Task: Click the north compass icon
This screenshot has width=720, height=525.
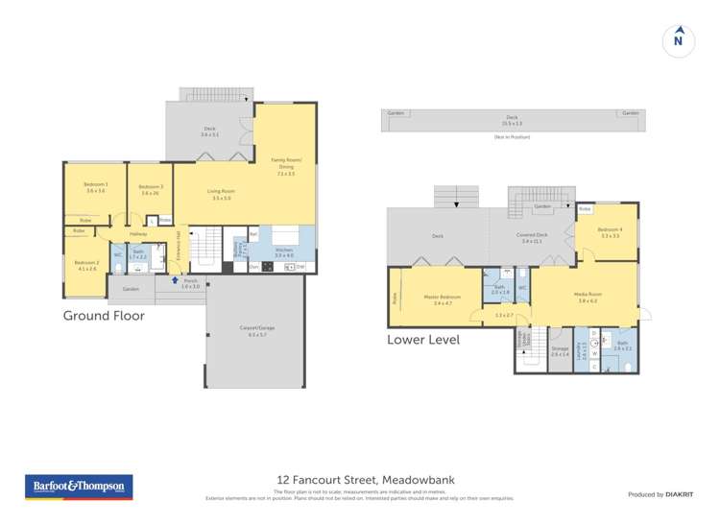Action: coord(678,39)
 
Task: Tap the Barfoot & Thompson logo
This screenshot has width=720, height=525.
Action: coord(78,487)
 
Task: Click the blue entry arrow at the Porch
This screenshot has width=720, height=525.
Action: coord(175,281)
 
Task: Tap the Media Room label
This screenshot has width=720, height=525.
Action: coord(588,297)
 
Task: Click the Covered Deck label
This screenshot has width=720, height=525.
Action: coord(531,237)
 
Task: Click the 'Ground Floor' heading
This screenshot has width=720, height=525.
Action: coord(104,315)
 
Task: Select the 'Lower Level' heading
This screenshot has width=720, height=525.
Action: coord(423,340)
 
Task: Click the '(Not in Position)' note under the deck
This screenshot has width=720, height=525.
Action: coord(512,137)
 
